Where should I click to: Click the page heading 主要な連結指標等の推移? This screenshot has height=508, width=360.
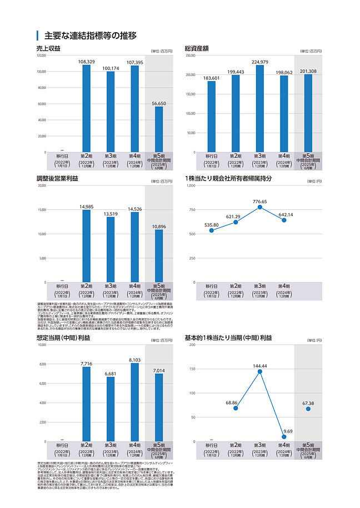click(89, 36)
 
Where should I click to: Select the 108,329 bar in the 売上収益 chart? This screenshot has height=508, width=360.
click(87, 108)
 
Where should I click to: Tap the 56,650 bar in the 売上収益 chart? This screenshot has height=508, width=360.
click(159, 129)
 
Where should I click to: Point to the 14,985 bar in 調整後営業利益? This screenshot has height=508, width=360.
click(87, 246)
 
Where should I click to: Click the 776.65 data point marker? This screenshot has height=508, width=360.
click(260, 207)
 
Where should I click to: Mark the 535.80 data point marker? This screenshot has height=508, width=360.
click(212, 230)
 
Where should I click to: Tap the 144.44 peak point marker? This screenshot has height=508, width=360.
click(260, 371)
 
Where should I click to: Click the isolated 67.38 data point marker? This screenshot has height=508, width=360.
click(308, 409)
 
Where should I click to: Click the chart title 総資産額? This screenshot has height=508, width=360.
click(197, 49)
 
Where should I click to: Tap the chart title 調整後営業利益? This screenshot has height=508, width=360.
click(57, 178)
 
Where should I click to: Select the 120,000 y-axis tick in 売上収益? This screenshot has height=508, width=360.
click(41, 56)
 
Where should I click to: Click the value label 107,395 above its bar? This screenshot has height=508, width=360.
click(135, 62)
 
